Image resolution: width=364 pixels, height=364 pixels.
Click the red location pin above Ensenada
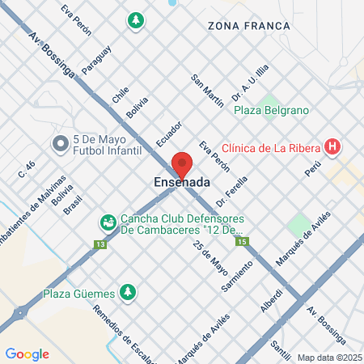(x=182, y=163)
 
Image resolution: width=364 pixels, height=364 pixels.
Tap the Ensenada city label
(x=182, y=184)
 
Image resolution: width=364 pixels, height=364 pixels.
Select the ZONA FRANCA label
(x=248, y=26)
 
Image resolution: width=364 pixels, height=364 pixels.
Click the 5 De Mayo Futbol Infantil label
(x=106, y=145)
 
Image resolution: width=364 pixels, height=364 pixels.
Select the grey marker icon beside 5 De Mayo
(x=59, y=144)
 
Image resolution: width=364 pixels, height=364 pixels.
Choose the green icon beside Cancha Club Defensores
(x=107, y=221)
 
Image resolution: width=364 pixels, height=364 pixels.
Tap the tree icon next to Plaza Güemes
(x=126, y=291)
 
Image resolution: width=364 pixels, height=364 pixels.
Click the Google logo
(x=27, y=353)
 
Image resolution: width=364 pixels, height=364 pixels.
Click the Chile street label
(x=121, y=95)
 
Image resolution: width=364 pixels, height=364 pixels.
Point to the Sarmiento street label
(x=232, y=277)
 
